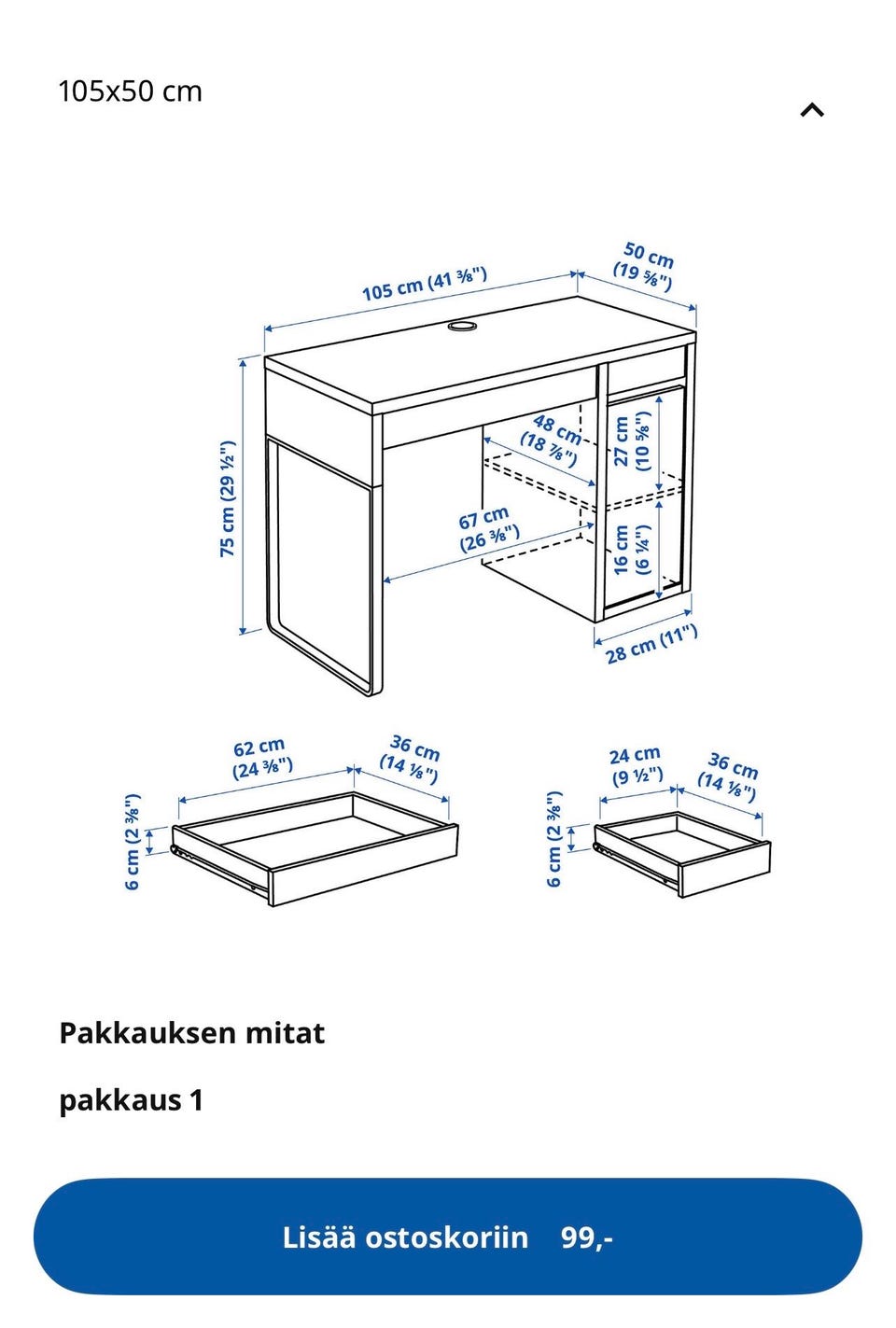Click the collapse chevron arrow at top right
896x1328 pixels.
click(812, 110)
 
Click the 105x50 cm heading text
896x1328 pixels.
click(130, 91)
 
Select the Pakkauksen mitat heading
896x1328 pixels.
click(191, 1033)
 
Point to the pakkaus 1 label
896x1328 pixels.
click(131, 1100)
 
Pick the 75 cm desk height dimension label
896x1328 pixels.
click(227, 499)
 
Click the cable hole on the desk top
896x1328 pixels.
click(462, 326)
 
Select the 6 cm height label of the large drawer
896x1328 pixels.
click(133, 841)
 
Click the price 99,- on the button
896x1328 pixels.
click(587, 1237)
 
